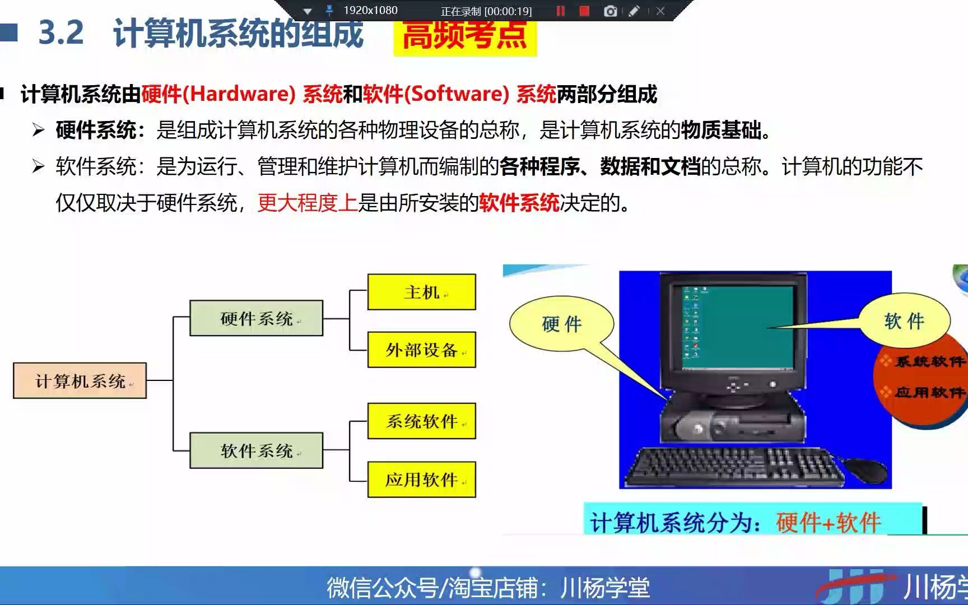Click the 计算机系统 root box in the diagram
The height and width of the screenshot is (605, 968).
80,381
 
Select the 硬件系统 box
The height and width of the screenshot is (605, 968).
256,318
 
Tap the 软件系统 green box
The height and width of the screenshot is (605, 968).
256,450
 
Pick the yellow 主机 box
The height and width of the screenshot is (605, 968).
421,292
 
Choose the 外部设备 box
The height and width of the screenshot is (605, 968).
421,350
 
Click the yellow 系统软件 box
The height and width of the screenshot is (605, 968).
421,421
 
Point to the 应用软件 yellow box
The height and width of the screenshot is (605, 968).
421,480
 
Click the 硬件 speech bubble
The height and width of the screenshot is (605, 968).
561,324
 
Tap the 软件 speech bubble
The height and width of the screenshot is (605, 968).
904,321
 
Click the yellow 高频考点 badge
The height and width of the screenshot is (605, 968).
465,36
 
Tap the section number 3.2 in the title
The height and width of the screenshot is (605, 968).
61,32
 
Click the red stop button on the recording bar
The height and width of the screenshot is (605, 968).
584,11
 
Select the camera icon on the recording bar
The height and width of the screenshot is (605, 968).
611,11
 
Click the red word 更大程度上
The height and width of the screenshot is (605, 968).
307,203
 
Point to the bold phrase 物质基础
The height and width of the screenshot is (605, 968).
722,131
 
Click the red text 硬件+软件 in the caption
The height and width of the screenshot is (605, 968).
828,522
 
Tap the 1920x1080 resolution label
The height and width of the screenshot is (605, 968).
370,10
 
